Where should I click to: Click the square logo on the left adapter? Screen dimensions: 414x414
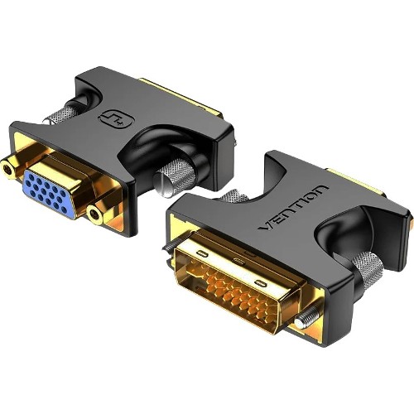pos(113,118)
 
